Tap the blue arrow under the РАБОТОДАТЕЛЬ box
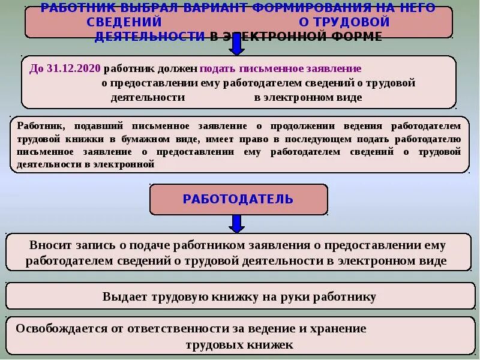coord(237,223)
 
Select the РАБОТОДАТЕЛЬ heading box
coord(238,199)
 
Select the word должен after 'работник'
coord(179,68)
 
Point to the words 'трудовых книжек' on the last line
coord(239,344)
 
